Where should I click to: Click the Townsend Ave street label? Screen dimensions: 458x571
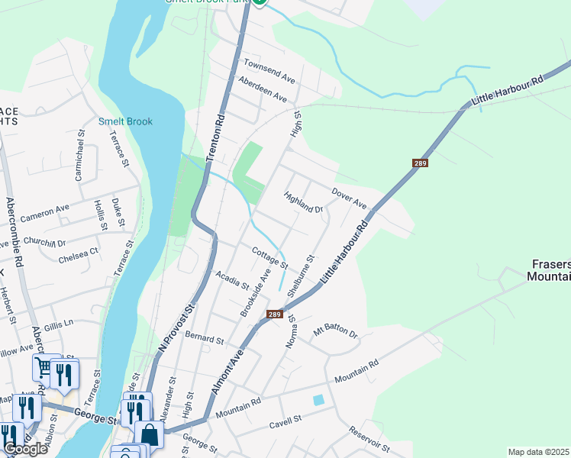pyautogui.click(x=269, y=70)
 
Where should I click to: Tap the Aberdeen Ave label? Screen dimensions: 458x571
pyautogui.click(x=262, y=90)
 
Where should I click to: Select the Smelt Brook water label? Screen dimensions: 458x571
pyautogui.click(x=125, y=121)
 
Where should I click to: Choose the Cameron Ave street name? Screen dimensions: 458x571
pyautogui.click(x=45, y=212)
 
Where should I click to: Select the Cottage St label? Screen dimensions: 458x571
pyautogui.click(x=269, y=257)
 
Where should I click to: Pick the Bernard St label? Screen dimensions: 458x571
pyautogui.click(x=203, y=337)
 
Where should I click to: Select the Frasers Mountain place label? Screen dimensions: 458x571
pyautogui.click(x=549, y=269)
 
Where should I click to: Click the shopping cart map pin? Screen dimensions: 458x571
pyautogui.click(x=45, y=369)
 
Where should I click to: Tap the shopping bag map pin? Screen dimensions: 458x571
pyautogui.click(x=150, y=434)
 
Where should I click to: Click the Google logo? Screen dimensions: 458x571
pyautogui.click(x=25, y=449)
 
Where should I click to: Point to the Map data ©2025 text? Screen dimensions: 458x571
pyautogui.click(x=538, y=452)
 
